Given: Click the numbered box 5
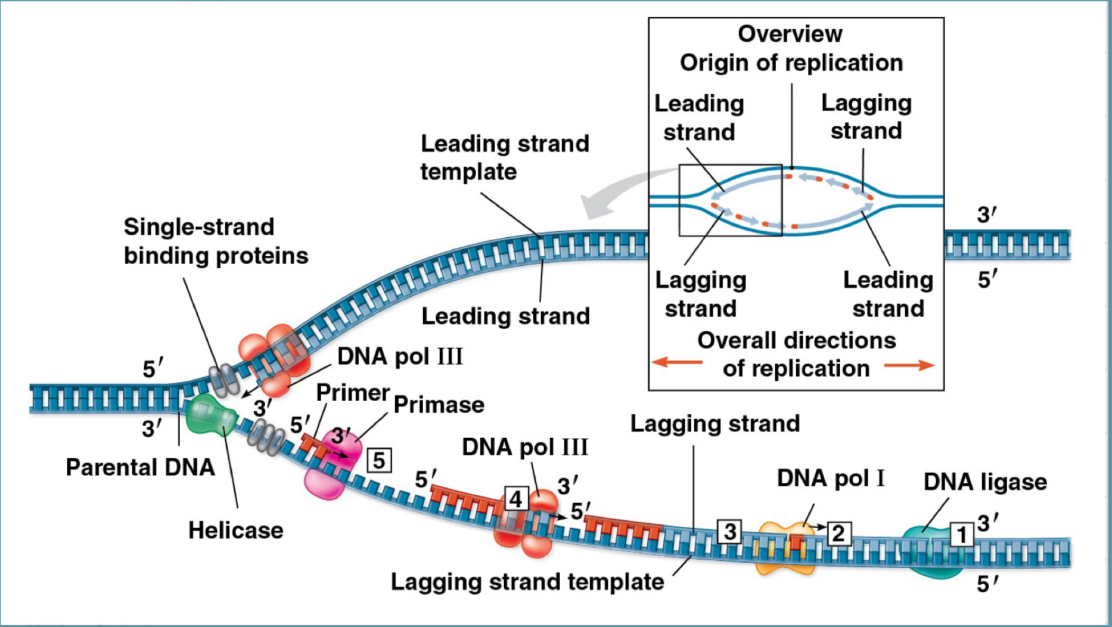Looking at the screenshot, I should click(380, 461).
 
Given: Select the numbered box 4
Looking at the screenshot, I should click(516, 498).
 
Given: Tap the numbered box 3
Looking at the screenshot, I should click(729, 531).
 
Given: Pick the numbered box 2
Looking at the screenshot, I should click(838, 533).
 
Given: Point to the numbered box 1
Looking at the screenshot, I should click(961, 535).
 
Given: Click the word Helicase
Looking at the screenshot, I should click(235, 530).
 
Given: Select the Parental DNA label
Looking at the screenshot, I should click(140, 467).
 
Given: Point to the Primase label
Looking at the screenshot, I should click(439, 405).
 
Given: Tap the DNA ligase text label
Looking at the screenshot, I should click(984, 482).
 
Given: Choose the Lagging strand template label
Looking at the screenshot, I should click(527, 582).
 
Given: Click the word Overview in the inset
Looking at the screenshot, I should click(790, 34).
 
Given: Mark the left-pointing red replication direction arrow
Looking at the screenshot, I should click(677, 362).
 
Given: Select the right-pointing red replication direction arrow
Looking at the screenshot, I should click(909, 365).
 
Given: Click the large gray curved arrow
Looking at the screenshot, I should click(620, 191).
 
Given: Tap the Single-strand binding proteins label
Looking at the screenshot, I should click(216, 241).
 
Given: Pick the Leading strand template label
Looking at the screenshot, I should click(504, 157).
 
